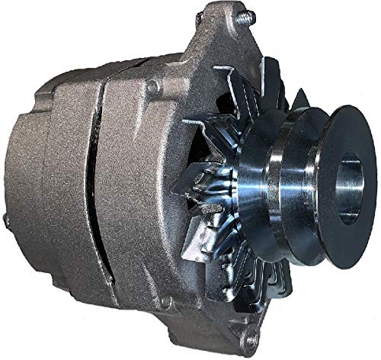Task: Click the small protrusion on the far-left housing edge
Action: [x=5, y=220]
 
